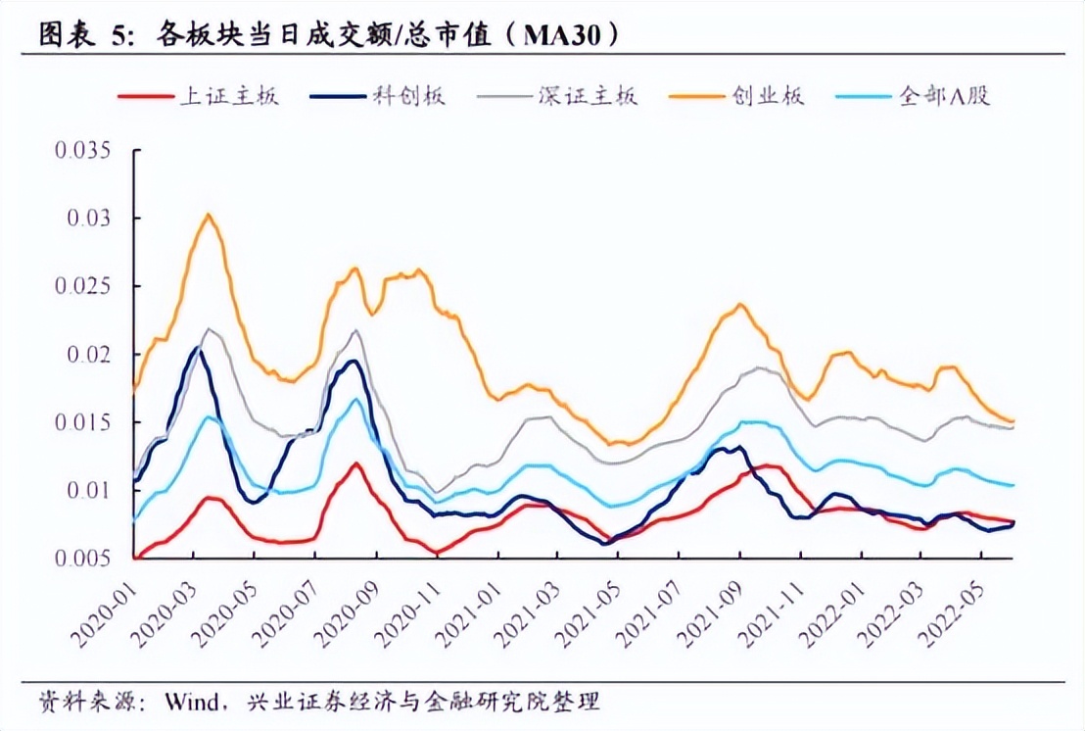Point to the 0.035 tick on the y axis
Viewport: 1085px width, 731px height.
(x=84, y=150)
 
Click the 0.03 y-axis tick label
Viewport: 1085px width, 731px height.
(x=90, y=218)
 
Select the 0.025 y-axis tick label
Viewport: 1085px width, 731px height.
(x=84, y=286)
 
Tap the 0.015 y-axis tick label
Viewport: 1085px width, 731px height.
(x=84, y=422)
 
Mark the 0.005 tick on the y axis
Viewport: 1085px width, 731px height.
(x=84, y=559)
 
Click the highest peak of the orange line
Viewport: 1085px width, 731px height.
(x=208, y=214)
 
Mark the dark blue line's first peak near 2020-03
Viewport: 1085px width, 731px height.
(x=198, y=347)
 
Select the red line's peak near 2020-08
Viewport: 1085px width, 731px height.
(x=355, y=463)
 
